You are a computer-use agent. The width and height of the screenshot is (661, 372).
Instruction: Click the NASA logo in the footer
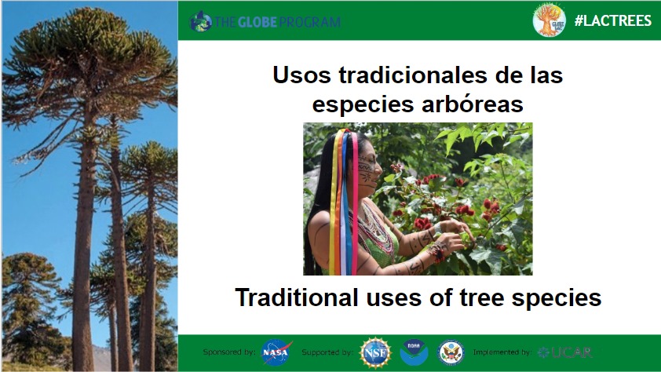click(x=276, y=352)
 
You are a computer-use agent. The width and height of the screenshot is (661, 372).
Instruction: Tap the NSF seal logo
click(x=375, y=352)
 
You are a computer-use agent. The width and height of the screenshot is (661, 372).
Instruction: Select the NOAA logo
click(x=414, y=352)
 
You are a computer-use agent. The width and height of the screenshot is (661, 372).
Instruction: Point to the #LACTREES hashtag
click(x=613, y=20)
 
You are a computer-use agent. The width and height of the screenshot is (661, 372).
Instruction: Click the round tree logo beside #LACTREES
click(x=550, y=20)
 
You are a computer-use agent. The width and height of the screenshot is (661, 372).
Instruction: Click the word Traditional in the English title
click(x=297, y=297)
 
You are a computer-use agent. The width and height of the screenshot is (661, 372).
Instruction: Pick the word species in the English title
click(x=556, y=298)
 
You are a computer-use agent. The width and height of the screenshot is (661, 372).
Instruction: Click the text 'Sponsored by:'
click(x=229, y=352)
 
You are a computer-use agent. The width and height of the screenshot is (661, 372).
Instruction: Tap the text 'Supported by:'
click(x=327, y=352)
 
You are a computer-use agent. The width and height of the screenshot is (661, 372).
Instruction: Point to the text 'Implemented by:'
click(x=502, y=352)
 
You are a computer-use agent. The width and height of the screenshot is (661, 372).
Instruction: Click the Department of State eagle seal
click(x=451, y=352)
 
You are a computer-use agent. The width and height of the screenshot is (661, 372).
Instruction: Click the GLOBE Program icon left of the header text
click(x=201, y=21)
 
